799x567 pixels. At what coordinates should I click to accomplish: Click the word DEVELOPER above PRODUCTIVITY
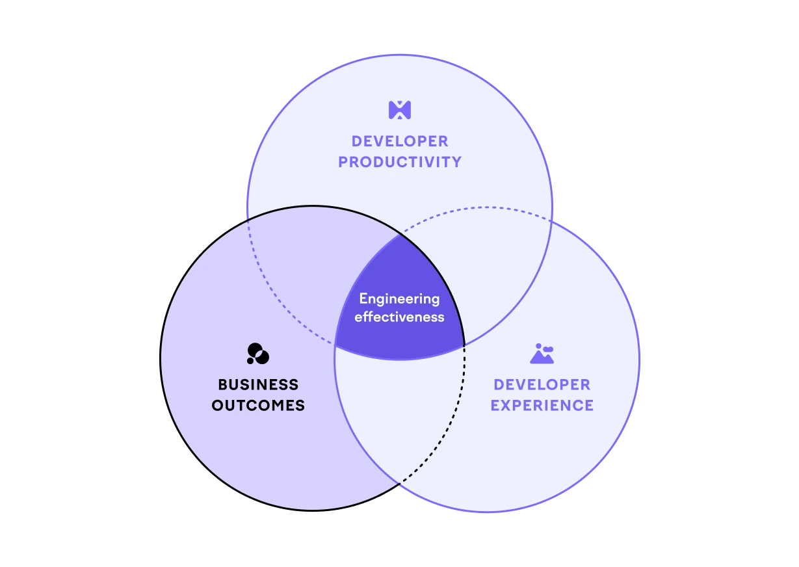(x=400, y=141)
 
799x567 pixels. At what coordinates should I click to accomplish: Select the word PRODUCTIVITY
(x=400, y=162)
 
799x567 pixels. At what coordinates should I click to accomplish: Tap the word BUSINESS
(x=258, y=385)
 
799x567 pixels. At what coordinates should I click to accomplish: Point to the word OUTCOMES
(x=258, y=405)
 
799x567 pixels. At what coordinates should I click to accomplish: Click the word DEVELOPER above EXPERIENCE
(x=542, y=385)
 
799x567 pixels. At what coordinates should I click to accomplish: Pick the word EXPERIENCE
(x=542, y=405)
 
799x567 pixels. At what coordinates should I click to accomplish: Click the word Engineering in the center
(x=399, y=299)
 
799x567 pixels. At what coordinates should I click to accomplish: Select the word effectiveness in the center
(x=399, y=317)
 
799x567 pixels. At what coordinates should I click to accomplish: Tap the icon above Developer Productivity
(x=400, y=110)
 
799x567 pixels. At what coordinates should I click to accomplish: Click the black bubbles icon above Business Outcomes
(x=258, y=354)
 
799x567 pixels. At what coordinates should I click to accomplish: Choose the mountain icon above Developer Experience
(x=542, y=354)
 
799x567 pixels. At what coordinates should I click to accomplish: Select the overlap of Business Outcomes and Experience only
(x=399, y=410)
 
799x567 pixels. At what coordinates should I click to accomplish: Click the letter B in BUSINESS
(x=223, y=385)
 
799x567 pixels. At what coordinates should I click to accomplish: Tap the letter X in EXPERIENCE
(x=508, y=405)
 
